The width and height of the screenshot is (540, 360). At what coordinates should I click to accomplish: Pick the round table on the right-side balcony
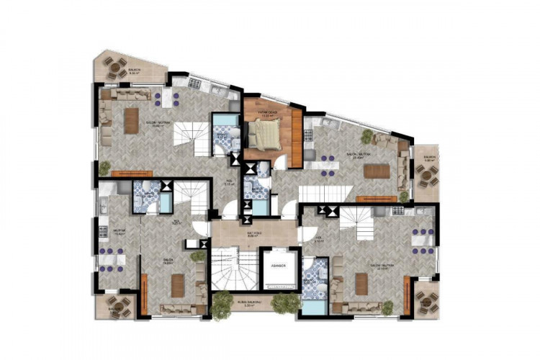(423, 171)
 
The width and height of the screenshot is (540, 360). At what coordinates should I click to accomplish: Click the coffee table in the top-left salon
(130, 120)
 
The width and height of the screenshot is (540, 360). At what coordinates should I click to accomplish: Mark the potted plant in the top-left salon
(105, 168)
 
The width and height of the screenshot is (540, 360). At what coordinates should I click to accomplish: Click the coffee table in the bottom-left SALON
(178, 286)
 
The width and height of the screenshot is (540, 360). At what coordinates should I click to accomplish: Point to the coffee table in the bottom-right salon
(361, 284)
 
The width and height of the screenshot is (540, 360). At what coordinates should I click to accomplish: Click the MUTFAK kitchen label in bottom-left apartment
(110, 233)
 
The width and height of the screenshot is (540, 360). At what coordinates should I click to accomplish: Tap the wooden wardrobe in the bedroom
(296, 136)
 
